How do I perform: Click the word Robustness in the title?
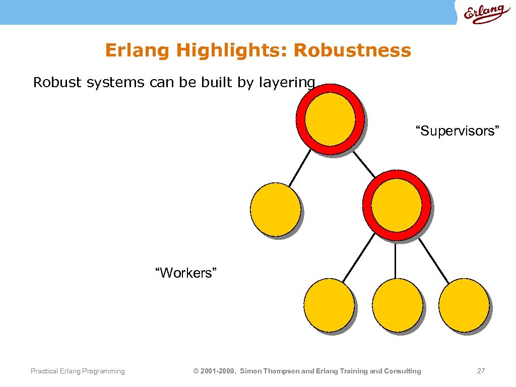(x=352, y=50)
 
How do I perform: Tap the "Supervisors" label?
(x=457, y=132)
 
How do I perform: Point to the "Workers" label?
(x=186, y=273)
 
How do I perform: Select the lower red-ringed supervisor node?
(x=396, y=205)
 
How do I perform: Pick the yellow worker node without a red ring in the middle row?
(x=276, y=209)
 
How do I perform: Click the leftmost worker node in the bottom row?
(x=329, y=304)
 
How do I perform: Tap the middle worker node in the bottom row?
(x=397, y=304)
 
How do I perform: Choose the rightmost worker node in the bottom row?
(x=464, y=304)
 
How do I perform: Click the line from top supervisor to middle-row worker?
(x=300, y=168)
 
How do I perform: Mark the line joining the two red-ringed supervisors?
(x=364, y=164)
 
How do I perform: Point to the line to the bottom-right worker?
(x=433, y=260)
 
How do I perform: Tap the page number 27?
(x=481, y=371)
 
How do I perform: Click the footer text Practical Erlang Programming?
(x=78, y=371)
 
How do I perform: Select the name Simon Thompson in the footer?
(x=270, y=371)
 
